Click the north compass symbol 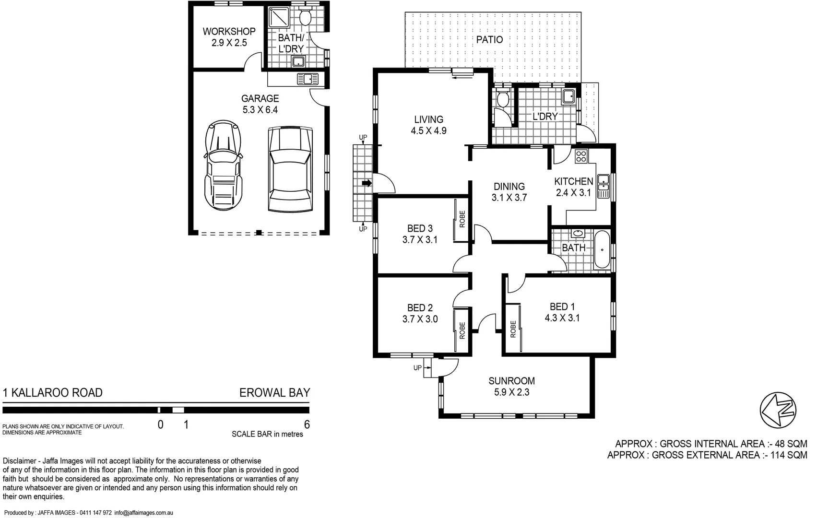(778, 409)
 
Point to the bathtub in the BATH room (602, 250)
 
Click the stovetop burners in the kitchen (580, 156)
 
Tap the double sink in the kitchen (603, 186)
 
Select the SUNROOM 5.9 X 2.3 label (511, 387)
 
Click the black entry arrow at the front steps (367, 183)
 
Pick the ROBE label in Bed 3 (462, 219)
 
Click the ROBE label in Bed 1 (513, 330)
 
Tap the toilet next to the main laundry (502, 99)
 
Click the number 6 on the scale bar (307, 424)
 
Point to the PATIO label (489, 39)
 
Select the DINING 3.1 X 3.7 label (509, 191)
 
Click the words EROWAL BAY (274, 393)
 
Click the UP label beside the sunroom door (417, 368)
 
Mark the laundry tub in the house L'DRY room (569, 96)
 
